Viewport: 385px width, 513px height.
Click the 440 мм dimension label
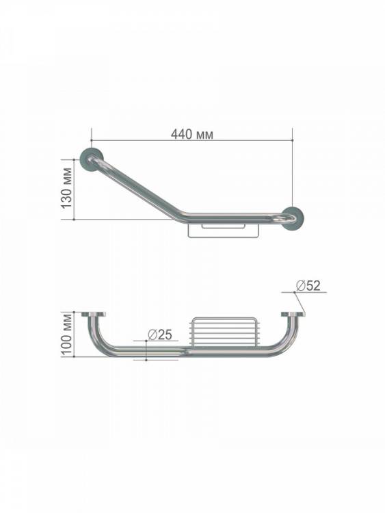(x=192, y=134)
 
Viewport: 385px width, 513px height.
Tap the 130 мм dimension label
(x=66, y=188)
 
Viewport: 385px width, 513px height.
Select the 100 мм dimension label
(x=67, y=334)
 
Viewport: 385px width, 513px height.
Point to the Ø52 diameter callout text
(x=308, y=286)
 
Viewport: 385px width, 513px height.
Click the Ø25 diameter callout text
(x=159, y=334)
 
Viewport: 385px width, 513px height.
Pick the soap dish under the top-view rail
(x=224, y=230)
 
